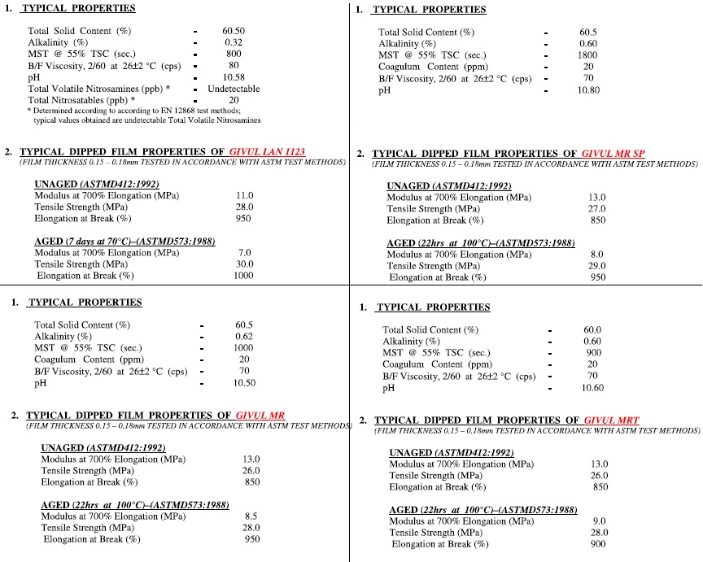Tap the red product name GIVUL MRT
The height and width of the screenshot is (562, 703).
coord(611,420)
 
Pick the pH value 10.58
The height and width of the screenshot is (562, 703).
coord(234,76)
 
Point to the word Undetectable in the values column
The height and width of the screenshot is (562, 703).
coord(234,88)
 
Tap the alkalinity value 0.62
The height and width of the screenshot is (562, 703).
coord(244,337)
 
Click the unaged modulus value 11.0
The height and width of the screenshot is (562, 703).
coord(244,196)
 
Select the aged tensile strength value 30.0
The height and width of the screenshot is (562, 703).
coord(244,264)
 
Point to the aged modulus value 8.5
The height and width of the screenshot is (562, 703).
coord(251,516)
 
